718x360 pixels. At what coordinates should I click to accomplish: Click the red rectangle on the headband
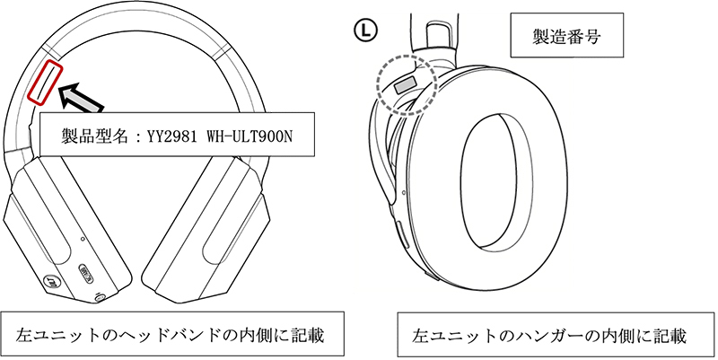[45, 81]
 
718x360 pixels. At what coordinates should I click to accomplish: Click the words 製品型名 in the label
[91, 136]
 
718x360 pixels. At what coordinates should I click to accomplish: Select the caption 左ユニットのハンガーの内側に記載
[548, 336]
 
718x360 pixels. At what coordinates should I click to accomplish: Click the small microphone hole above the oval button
[83, 240]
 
